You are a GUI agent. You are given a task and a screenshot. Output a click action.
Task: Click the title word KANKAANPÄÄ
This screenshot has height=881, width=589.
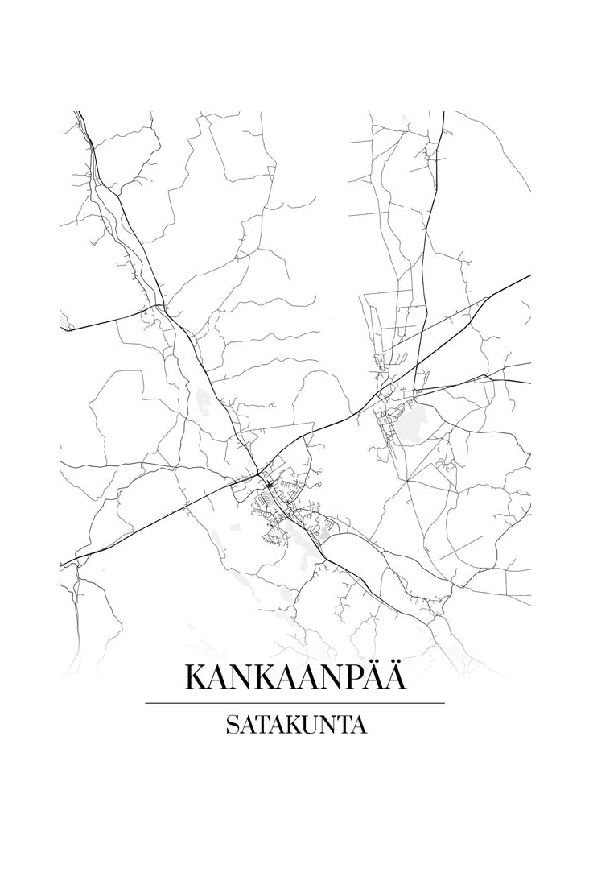tap(294, 676)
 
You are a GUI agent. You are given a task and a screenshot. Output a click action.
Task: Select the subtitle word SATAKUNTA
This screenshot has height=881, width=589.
tap(294, 726)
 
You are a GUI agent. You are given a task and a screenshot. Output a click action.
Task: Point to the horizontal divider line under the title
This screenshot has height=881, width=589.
tap(294, 703)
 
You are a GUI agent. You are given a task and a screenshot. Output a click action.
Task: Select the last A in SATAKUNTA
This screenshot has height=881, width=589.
tap(359, 726)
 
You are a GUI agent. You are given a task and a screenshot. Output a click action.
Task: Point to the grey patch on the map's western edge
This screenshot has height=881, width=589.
tap(64, 323)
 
